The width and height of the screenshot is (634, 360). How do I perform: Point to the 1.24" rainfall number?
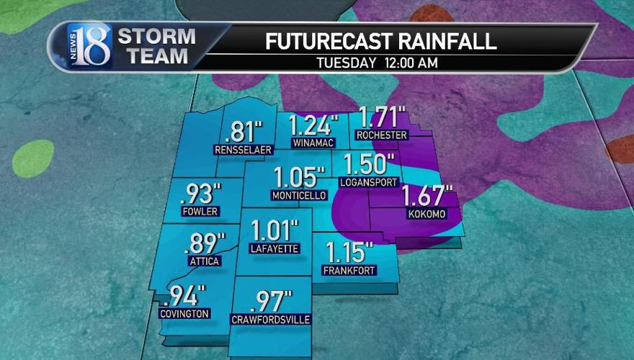click(x=313, y=126)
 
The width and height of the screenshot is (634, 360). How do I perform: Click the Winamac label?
click(x=312, y=143)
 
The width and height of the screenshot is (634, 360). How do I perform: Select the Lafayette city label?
click(x=274, y=250)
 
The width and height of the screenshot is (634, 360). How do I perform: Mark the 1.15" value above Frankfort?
click(x=349, y=253)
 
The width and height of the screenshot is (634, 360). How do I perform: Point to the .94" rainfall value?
click(x=186, y=295)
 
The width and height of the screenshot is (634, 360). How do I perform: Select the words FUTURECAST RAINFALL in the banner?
click(x=380, y=41)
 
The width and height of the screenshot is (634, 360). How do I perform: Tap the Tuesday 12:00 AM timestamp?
click(x=377, y=63)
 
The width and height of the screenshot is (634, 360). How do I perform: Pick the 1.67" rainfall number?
click(x=427, y=197)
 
